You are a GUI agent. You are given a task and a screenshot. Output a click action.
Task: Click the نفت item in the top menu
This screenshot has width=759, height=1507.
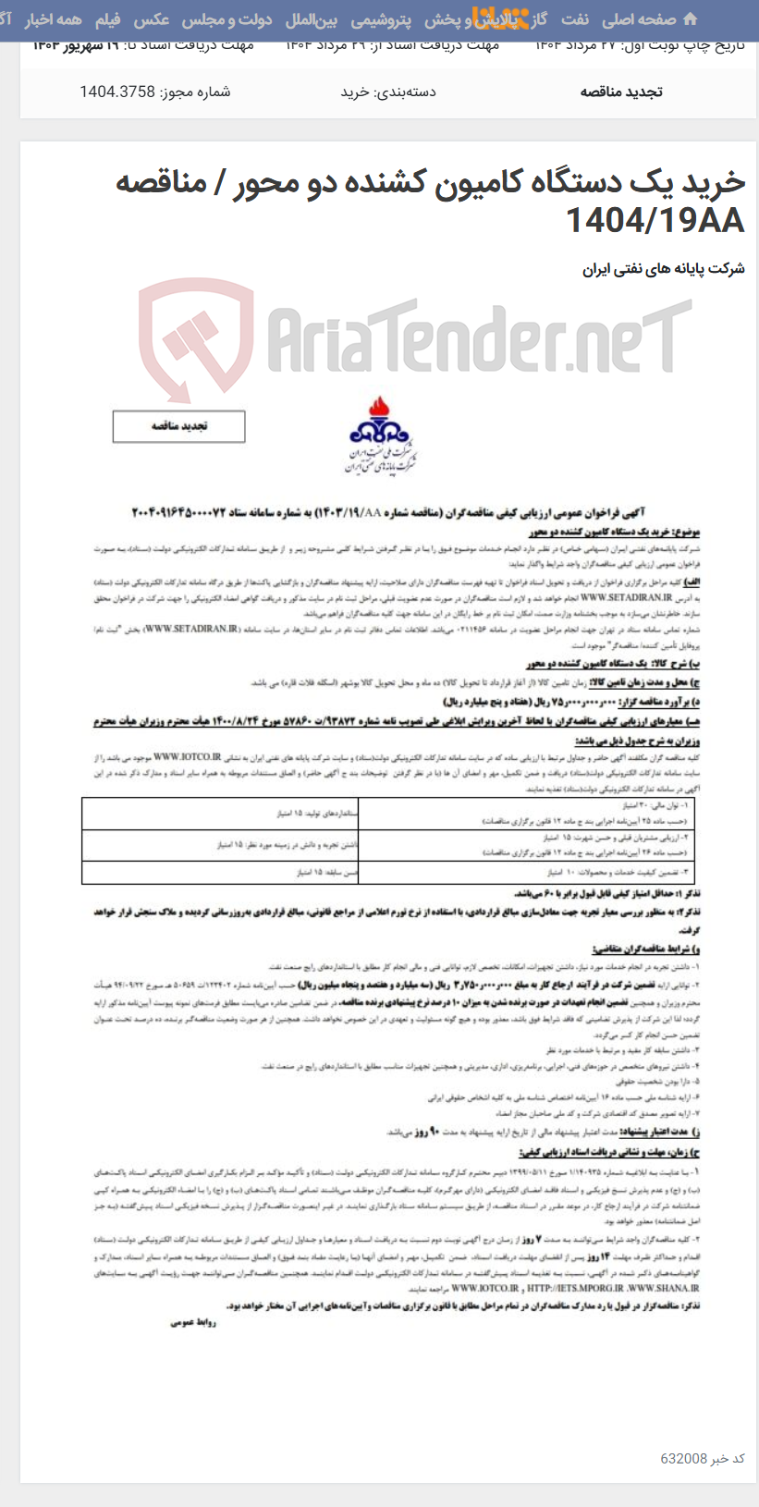click(574, 19)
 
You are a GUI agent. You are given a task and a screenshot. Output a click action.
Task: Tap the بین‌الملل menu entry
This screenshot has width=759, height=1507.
click(312, 19)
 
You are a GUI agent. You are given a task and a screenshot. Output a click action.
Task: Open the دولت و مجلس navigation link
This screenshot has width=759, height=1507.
click(226, 19)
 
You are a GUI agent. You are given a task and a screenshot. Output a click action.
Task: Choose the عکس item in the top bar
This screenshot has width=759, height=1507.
click(152, 19)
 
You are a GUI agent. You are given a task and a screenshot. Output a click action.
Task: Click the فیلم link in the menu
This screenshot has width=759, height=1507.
click(107, 19)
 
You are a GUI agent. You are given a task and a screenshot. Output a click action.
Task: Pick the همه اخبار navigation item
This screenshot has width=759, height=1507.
click(53, 19)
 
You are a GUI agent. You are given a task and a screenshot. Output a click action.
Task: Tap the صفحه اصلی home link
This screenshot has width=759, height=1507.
click(640, 19)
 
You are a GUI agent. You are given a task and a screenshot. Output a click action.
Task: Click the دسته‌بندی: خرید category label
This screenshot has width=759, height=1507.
click(388, 92)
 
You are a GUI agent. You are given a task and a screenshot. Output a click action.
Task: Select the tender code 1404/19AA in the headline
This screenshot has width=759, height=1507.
click(654, 220)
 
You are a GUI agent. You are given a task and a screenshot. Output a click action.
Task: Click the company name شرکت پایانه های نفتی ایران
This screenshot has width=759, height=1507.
click(663, 269)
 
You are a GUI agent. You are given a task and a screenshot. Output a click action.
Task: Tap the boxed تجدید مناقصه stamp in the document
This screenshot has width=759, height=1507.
click(179, 426)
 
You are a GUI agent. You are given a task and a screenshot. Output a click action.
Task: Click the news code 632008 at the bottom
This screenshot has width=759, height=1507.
click(683, 1458)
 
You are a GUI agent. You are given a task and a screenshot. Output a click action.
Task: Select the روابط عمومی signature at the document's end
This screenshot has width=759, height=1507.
click(193, 1323)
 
